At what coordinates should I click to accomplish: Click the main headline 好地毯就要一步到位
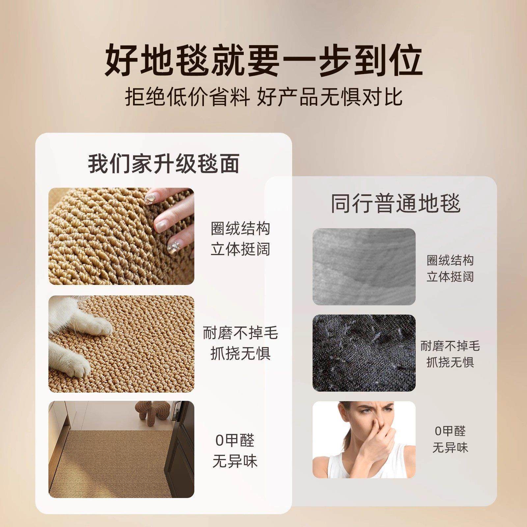263,61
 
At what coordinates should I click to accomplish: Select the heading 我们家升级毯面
164,163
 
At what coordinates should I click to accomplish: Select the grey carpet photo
364,266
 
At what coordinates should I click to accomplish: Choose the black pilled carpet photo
364,353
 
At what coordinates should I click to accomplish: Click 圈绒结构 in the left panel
240,229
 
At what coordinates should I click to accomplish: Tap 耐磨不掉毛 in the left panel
240,333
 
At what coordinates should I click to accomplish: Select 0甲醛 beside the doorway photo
235,440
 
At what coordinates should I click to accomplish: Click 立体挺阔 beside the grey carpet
450,277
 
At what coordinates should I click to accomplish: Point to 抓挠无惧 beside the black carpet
450,362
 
